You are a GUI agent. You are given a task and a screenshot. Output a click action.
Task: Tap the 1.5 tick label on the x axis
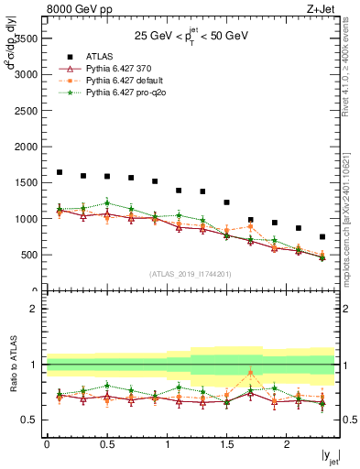coord(226,444)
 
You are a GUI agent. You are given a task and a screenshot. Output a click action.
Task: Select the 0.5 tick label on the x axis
coord(106,444)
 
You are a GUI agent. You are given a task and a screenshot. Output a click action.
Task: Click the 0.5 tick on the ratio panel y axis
coord(31,420)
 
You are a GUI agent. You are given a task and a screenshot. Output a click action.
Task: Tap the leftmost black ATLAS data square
coord(60,172)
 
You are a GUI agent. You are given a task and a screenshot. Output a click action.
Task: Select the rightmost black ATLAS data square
coord(322,236)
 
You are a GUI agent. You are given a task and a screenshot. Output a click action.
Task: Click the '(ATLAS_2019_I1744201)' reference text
coord(190,273)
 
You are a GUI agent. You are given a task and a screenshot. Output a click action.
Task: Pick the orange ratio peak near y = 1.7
coord(250,373)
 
